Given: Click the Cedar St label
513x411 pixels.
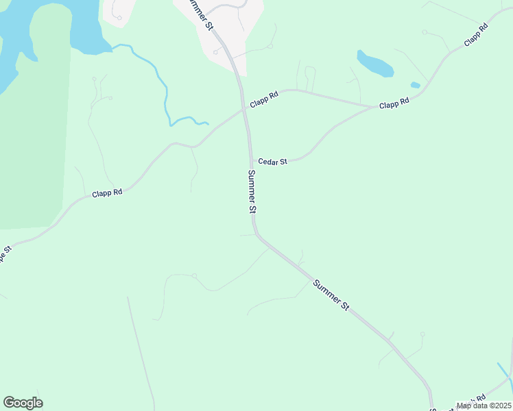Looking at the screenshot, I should (272, 162).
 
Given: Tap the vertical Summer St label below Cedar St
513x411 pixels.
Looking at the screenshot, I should (252, 192).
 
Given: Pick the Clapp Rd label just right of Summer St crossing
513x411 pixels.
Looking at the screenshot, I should (264, 101).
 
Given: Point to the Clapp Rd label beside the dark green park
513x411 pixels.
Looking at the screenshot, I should (107, 194).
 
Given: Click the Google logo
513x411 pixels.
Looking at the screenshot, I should (23, 403).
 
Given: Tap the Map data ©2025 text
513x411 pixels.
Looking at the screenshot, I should (484, 406).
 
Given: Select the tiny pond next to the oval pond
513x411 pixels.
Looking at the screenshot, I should (415, 85).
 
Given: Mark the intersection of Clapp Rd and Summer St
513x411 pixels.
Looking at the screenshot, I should (243, 108).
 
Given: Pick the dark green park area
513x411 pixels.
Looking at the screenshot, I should (34, 137).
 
